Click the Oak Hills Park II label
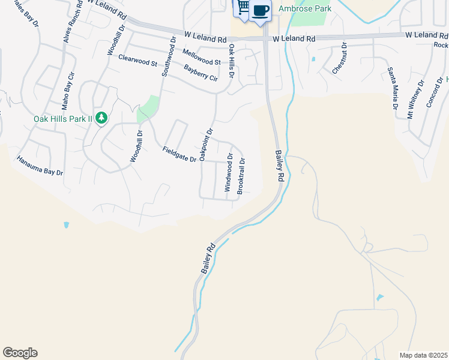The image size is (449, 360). pos(62,118)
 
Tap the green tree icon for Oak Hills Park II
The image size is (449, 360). pos(102,118)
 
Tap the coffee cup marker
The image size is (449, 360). pos(261,11)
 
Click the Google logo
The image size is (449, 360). pos(20,353)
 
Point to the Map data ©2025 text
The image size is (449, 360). pos(424,355)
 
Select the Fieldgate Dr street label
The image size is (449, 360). pos(179,154)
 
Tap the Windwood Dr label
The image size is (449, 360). pos(228,172)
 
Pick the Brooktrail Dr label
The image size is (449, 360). pos(241,175)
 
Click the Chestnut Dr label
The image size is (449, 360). pos(340,58)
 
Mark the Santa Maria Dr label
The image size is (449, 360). pos(393,89)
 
